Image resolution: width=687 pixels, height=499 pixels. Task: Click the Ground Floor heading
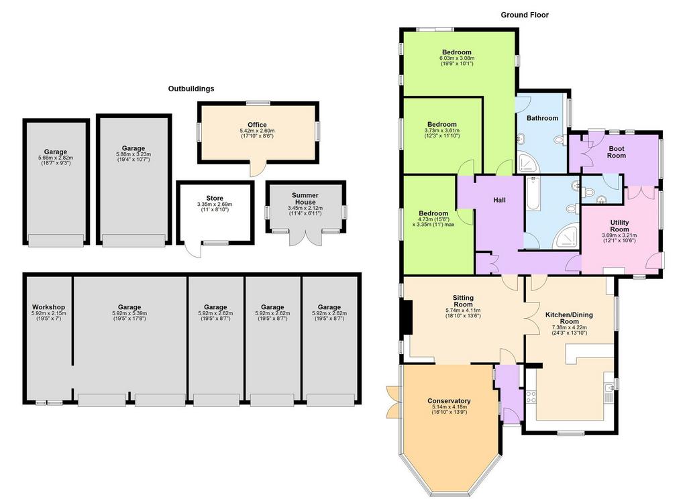(525, 15)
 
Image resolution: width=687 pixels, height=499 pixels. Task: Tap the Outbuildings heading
(191, 89)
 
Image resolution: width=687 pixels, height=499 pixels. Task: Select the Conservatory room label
(449, 401)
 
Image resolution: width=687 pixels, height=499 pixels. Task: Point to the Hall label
(499, 200)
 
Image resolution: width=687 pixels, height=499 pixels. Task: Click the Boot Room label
(617, 152)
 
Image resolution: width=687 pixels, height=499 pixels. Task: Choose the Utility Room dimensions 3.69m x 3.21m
(619, 235)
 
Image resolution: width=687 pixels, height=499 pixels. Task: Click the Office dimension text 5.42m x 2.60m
(257, 131)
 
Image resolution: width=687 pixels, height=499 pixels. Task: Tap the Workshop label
(48, 307)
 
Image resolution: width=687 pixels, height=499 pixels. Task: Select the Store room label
(215, 198)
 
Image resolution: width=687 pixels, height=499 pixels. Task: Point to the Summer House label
(305, 199)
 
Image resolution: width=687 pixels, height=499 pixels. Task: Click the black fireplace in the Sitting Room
(407, 317)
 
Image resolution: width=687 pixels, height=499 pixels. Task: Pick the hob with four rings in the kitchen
(531, 397)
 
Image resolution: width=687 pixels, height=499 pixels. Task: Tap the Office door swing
(258, 168)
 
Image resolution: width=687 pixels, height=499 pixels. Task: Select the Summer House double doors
(306, 237)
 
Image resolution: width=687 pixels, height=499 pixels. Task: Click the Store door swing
(193, 250)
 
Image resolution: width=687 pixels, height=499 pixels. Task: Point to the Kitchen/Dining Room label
(569, 318)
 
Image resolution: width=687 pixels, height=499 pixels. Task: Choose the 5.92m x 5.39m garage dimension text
(129, 313)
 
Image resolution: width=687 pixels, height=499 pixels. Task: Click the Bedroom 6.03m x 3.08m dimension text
(456, 58)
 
